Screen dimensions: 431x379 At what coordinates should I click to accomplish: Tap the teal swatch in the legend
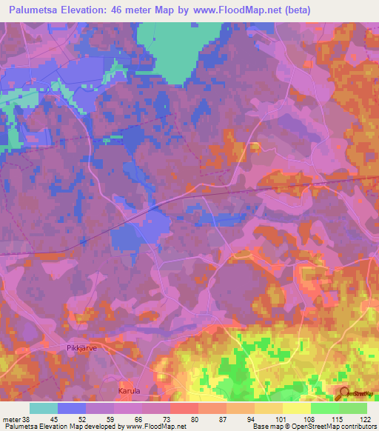44,408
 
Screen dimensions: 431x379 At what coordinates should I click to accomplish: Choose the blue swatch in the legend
72,408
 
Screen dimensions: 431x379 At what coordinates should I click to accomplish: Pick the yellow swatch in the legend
296,408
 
